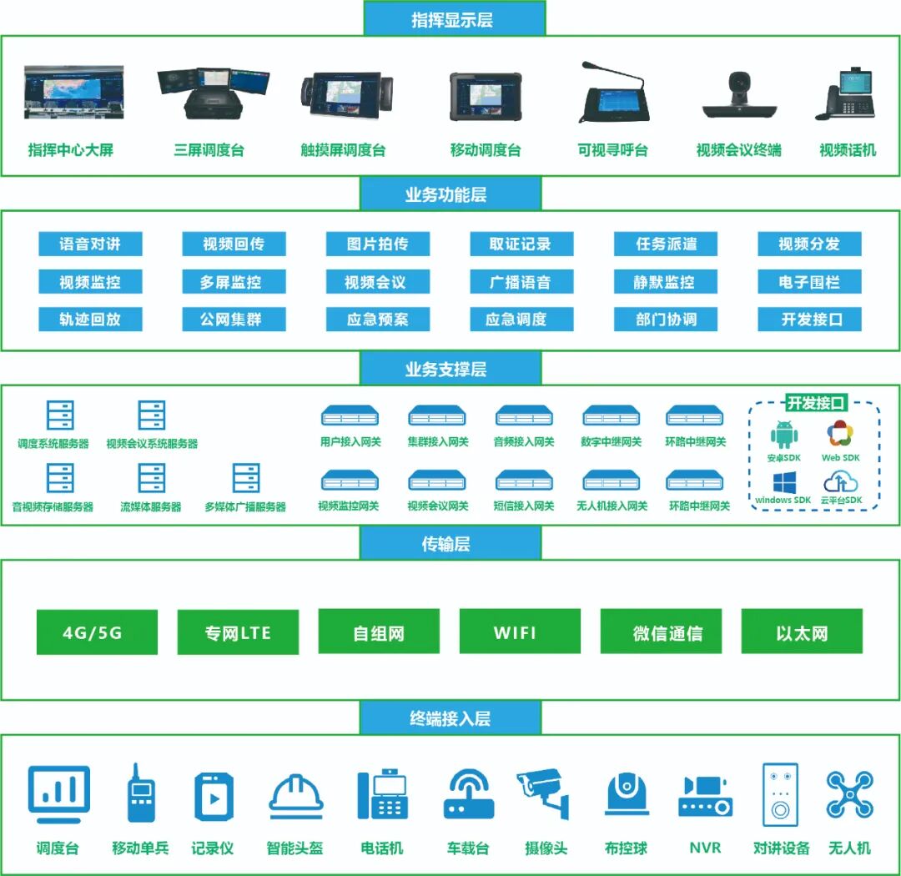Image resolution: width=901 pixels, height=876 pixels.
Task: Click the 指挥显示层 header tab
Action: (454, 18)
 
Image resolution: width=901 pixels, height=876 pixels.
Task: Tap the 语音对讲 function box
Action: (90, 244)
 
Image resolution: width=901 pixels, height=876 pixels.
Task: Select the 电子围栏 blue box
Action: (809, 281)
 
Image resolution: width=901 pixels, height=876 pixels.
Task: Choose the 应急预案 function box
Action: (378, 319)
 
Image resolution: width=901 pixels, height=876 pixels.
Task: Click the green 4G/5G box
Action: (97, 632)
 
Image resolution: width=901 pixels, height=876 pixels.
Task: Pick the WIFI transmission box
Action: (519, 632)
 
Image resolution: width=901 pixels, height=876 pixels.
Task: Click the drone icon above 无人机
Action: (849, 793)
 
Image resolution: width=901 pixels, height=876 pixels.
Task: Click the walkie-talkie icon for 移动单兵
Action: (139, 793)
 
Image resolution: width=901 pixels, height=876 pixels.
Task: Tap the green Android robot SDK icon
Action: (784, 435)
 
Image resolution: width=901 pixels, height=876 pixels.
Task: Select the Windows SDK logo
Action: (783, 483)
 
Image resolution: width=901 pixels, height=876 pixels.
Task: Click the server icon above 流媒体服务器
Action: (152, 478)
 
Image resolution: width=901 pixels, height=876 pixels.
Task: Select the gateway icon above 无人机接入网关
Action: (611, 481)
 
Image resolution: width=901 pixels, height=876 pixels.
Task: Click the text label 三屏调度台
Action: (209, 150)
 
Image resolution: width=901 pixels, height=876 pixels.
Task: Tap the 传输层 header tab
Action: (450, 544)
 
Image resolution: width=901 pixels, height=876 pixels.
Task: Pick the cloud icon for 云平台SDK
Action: (841, 481)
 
